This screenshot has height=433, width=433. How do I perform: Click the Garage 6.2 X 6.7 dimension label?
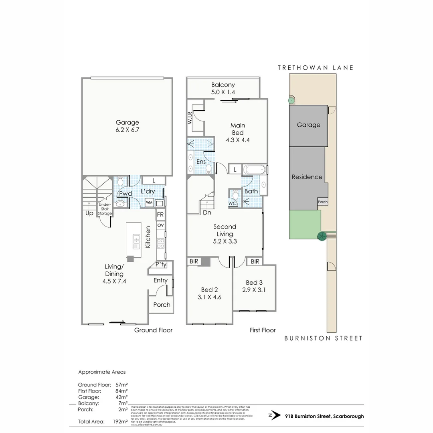[x=127, y=130]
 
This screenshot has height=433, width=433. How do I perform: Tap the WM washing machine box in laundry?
[x=149, y=202]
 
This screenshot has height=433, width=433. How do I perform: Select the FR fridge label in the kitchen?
[x=160, y=215]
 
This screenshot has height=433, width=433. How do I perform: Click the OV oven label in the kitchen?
[x=160, y=225]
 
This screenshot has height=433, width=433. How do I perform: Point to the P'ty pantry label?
[x=161, y=265]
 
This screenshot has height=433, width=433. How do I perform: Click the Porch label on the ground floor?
[x=162, y=305]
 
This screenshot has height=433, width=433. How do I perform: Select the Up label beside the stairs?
[x=89, y=213]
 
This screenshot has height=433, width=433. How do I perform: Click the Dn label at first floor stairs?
[x=207, y=213]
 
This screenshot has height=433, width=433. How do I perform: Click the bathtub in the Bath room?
[x=254, y=170]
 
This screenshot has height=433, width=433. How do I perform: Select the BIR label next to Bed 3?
[x=255, y=261]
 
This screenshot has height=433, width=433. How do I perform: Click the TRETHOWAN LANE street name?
[x=316, y=68]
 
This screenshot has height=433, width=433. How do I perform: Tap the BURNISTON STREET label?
[x=323, y=338]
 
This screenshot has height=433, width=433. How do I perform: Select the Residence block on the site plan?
[x=307, y=177]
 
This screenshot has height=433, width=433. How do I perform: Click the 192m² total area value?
[x=120, y=421]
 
